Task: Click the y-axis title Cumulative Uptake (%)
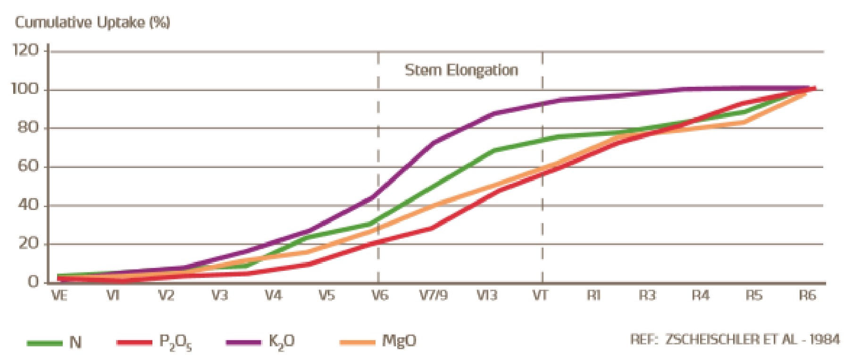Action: (92, 23)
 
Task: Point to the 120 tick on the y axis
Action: (25, 50)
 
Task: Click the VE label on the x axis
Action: (59, 296)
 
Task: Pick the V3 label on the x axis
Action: (219, 296)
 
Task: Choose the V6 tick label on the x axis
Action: (379, 296)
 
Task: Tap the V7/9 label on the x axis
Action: (433, 296)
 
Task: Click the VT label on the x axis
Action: (540, 296)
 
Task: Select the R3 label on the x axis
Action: (647, 296)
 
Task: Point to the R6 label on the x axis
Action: (807, 296)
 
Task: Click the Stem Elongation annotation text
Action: (461, 71)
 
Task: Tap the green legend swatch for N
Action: (45, 343)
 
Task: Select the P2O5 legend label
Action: (175, 343)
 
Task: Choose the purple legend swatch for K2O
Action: (243, 343)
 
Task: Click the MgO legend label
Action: (399, 341)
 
